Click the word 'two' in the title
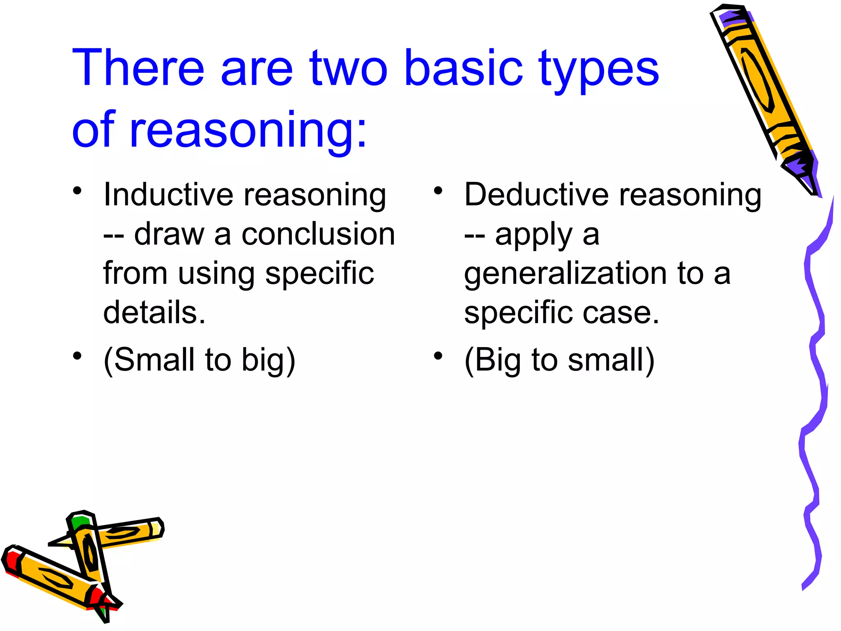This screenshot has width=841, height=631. click(348, 68)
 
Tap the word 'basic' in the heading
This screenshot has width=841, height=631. click(463, 68)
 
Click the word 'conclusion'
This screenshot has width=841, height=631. click(318, 234)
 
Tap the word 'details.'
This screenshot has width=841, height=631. click(154, 313)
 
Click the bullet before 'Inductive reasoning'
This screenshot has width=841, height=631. click(77, 191)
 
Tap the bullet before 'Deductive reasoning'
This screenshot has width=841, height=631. click(438, 191)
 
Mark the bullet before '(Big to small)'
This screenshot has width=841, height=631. click(438, 356)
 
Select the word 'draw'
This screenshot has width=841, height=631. click(169, 234)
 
